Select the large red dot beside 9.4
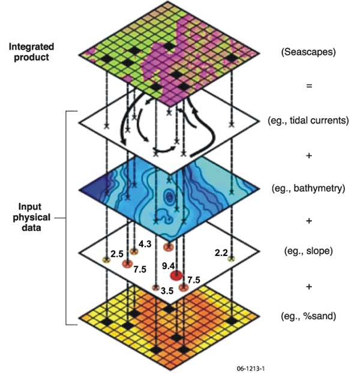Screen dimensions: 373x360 (176, 276)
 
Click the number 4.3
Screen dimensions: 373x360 (145, 244)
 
